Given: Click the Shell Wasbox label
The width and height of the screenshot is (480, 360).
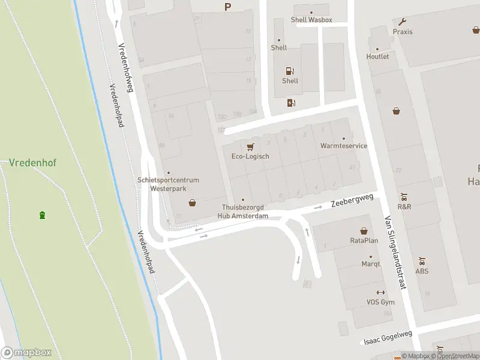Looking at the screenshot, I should pos(311,19).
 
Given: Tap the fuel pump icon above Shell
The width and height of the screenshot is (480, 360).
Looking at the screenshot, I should pos(290,71).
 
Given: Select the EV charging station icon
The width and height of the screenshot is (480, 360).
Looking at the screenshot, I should pos(291,103).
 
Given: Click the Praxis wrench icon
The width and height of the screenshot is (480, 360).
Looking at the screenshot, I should pos(402,22).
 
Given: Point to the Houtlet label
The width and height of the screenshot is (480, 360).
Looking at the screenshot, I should pos(377,56).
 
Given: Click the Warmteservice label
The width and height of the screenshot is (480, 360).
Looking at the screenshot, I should pos(344,146).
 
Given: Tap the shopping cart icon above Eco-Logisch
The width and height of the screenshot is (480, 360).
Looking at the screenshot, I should pos(250,146).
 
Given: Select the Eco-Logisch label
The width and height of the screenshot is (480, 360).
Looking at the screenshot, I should pos(250,157).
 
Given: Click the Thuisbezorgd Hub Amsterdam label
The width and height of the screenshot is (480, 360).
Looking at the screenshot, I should pos(242,212).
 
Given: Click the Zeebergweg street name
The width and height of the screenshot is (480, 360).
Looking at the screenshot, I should pos(352,200).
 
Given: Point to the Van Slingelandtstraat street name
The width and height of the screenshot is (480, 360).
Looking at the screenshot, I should pos(396,252).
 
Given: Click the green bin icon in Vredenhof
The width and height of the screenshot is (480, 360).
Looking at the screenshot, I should pos(42,215).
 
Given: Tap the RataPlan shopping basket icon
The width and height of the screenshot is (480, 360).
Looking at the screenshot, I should pos(364,230).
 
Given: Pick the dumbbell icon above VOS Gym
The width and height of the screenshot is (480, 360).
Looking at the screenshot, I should pos(380,292).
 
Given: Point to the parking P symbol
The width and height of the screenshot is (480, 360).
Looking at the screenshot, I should pos(227,7).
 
